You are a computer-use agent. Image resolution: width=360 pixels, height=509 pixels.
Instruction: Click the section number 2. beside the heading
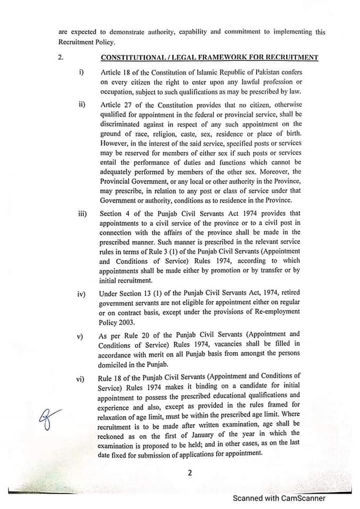pos(61,58)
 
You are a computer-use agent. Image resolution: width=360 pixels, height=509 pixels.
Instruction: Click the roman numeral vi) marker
pos(81,378)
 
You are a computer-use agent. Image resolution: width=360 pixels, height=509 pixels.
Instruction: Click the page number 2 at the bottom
pos(189,473)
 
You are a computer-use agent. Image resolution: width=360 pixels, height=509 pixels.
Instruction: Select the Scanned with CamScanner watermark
pos(279,498)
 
